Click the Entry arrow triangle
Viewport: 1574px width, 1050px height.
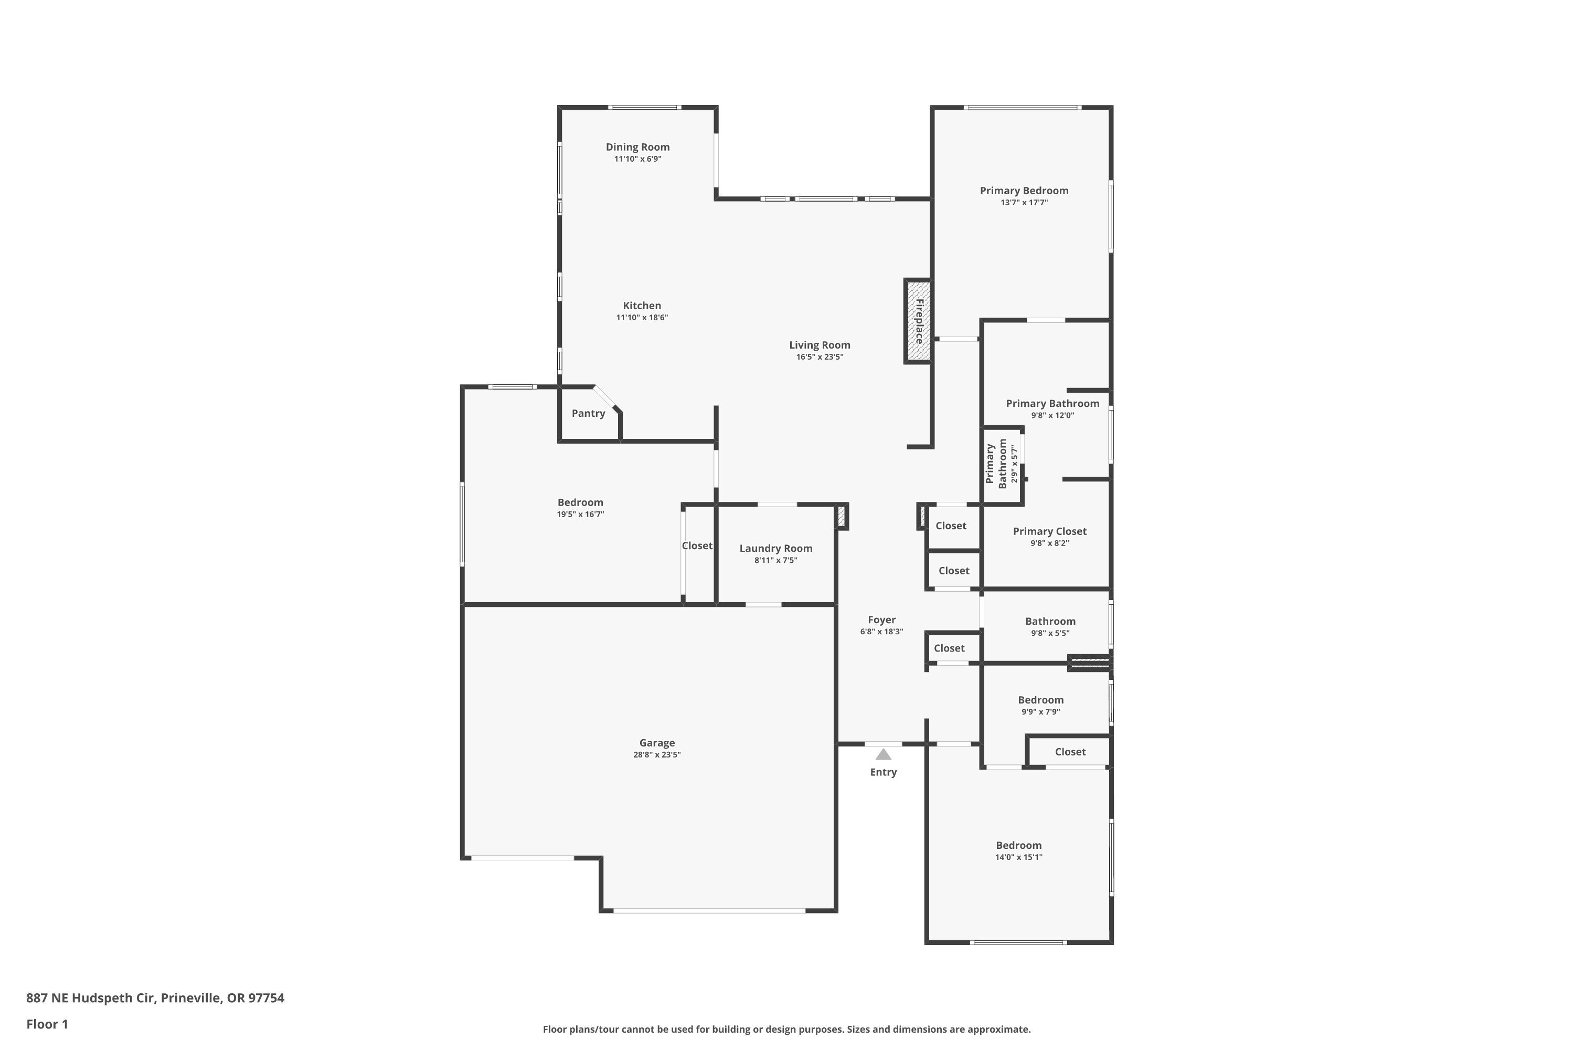(884, 755)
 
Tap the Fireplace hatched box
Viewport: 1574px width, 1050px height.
(918, 321)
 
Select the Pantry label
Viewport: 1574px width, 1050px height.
(588, 413)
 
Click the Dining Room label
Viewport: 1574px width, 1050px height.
(638, 146)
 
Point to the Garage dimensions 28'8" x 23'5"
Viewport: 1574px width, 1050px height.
(657, 755)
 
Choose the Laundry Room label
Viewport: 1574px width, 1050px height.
(775, 549)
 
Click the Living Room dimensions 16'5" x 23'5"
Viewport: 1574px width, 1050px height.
(820, 357)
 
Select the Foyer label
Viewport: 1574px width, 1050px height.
(882, 620)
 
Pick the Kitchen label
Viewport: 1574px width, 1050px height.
(642, 306)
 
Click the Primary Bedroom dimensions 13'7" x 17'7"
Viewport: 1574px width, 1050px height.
(1025, 202)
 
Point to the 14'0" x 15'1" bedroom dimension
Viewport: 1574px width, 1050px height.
(1018, 857)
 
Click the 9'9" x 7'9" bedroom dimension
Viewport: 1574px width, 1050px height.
(1040, 712)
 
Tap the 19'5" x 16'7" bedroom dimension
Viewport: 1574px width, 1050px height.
(581, 514)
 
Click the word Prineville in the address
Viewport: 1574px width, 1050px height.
(191, 998)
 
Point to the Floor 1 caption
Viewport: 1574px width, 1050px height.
(47, 1024)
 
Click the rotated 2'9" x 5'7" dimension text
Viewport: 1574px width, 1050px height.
(1015, 464)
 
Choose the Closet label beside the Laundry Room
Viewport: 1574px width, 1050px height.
(697, 546)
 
